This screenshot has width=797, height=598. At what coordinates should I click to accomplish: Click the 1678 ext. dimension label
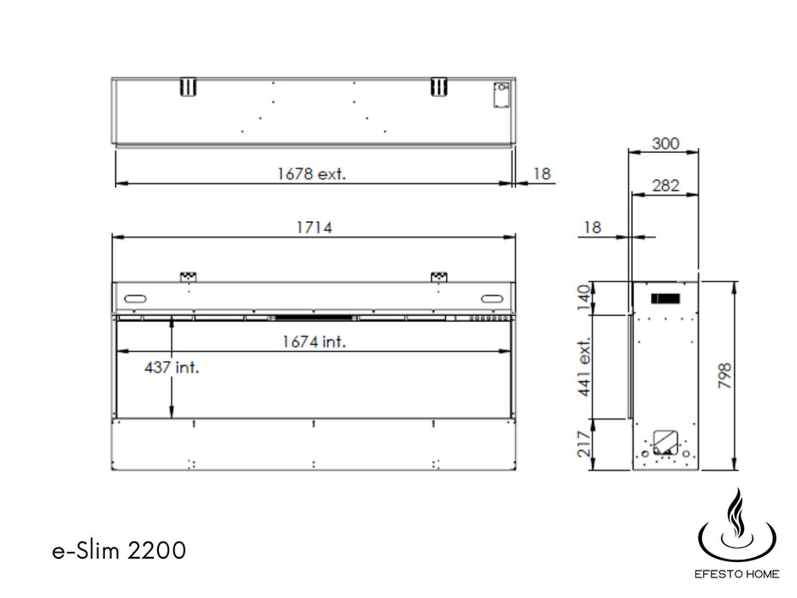point(311,174)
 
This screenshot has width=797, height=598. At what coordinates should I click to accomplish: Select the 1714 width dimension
point(314,227)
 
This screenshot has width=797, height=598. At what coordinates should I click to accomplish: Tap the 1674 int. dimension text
point(314,341)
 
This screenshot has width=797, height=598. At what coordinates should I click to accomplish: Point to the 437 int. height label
point(172,366)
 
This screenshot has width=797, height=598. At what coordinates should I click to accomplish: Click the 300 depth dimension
point(665,144)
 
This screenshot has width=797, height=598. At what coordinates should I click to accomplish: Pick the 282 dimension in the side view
point(665,185)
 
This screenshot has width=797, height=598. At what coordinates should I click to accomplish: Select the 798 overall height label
point(724,376)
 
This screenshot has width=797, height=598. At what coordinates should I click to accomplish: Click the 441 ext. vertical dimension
point(584,366)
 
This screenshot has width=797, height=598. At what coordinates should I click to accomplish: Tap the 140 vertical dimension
point(584,297)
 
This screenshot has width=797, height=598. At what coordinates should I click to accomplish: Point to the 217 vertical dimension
point(584,444)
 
